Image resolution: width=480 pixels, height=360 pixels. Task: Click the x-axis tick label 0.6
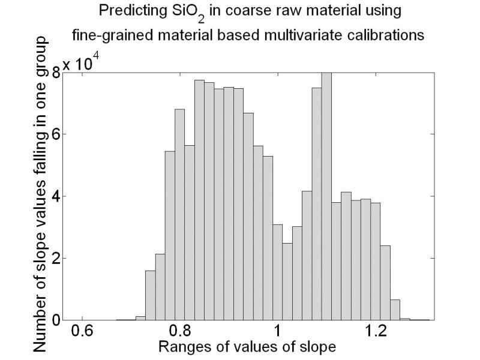pos(83,332)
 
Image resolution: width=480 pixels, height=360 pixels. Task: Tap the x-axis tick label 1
pos(277,332)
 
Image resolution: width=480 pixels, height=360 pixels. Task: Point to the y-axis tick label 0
pos(56,320)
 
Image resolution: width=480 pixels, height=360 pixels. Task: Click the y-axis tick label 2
pos(56,259)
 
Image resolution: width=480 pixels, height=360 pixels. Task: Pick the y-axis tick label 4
pos(56,196)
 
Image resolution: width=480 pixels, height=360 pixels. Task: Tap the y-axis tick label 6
pos(56,134)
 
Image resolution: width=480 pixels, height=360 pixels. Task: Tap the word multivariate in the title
pos(323,35)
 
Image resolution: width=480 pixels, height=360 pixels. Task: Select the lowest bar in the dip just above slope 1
pos(287,281)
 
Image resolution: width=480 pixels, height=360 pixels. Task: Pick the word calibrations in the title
pos(387,35)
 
